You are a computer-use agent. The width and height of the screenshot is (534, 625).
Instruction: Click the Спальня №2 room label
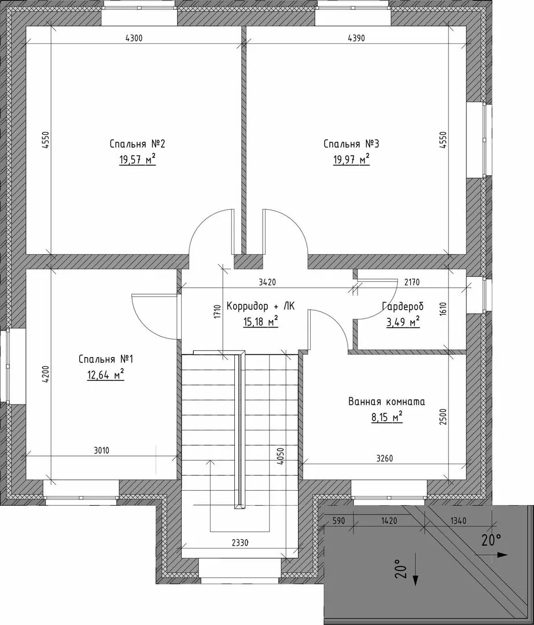pyautogui.click(x=137, y=144)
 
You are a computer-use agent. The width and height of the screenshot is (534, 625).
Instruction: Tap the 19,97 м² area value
pyautogui.click(x=352, y=160)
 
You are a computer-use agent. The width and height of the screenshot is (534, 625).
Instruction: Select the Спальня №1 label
pyautogui.click(x=106, y=359)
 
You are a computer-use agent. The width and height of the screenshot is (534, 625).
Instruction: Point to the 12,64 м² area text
pyautogui.click(x=106, y=375)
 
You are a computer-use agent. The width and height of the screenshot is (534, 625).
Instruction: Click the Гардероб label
pyautogui.click(x=403, y=306)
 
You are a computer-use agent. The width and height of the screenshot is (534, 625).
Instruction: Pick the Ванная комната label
pyautogui.click(x=386, y=402)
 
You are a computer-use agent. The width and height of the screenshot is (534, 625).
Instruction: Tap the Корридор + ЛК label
pyautogui.click(x=260, y=306)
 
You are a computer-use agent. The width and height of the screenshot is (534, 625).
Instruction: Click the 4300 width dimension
pyautogui.click(x=134, y=38)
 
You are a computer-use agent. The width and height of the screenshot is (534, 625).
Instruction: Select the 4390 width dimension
pyautogui.click(x=356, y=38)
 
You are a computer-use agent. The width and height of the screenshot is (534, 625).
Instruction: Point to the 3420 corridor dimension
pyautogui.click(x=267, y=282)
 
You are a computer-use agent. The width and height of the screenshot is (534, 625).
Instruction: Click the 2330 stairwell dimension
pyautogui.click(x=240, y=542)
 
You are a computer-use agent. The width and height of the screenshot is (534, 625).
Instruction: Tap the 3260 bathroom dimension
pyautogui.click(x=384, y=458)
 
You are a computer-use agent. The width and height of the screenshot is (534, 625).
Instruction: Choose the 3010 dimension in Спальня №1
pyautogui.click(x=101, y=451)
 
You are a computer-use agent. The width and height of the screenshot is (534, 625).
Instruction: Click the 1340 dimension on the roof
pyautogui.click(x=458, y=521)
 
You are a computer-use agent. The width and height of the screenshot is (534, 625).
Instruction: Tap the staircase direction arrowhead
pyautogui.click(x=210, y=462)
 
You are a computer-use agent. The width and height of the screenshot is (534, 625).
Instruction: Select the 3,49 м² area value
pyautogui.click(x=403, y=322)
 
